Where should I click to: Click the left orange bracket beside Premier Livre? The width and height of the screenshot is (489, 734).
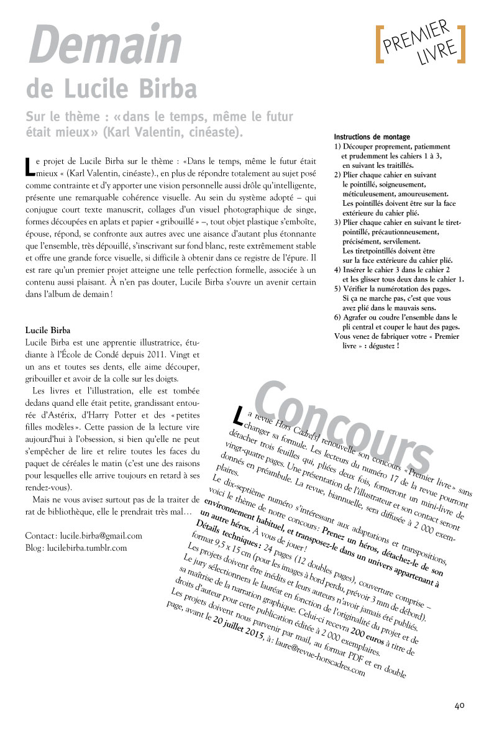378,44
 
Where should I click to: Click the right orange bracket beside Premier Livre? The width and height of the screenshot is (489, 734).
462,44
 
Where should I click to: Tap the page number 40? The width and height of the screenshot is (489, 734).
460,705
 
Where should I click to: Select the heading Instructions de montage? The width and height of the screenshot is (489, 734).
372,137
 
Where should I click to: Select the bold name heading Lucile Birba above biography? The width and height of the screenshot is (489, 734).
47,329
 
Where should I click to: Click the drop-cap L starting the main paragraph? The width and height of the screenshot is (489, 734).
29,165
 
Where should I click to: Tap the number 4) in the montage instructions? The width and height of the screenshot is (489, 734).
337,269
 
